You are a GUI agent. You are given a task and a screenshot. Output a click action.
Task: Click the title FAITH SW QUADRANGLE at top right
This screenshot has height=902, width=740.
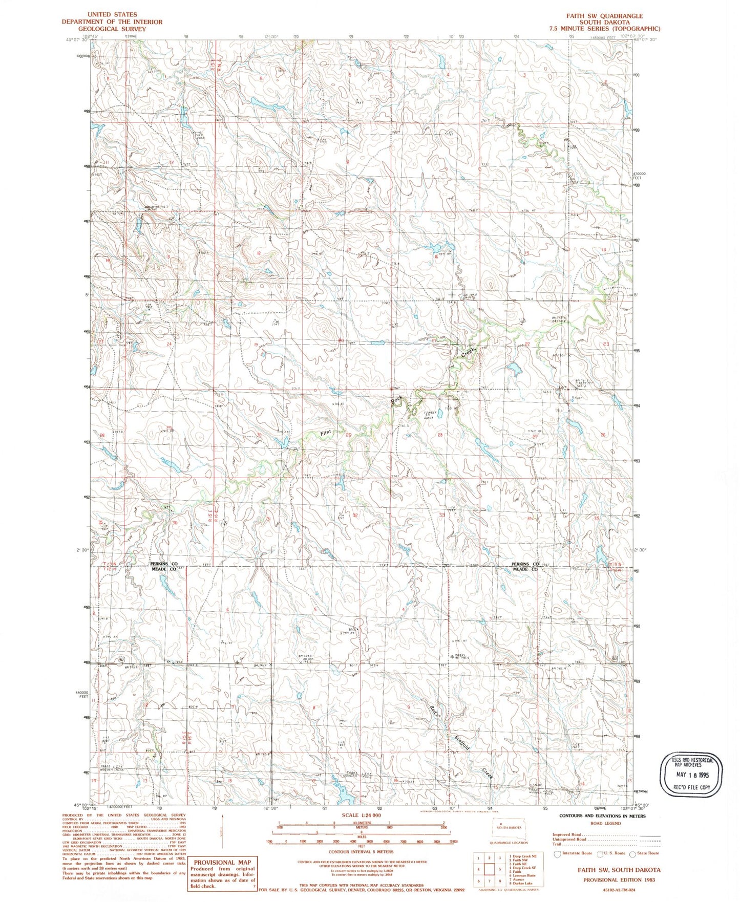tap(604, 16)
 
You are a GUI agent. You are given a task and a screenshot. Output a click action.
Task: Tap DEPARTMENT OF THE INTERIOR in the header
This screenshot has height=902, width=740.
tap(112, 22)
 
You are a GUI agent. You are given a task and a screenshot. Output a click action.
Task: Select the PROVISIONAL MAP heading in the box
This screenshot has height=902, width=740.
tap(222, 863)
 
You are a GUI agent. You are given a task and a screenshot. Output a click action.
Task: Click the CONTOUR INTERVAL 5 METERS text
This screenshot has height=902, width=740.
tap(361, 852)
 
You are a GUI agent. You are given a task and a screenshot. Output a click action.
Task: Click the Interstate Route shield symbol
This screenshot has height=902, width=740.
tap(558, 853)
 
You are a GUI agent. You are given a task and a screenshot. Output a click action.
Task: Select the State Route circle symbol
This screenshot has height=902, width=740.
tap(633, 853)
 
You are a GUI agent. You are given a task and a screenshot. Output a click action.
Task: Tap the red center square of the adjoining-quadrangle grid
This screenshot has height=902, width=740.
tap(489, 869)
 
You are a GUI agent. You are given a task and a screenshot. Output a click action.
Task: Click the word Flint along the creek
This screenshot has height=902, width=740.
tap(326, 433)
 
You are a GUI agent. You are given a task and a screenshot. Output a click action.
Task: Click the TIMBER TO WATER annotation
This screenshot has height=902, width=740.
tap(428, 415)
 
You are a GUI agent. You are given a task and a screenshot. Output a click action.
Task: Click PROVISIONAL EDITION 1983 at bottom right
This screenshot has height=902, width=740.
tap(619, 879)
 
